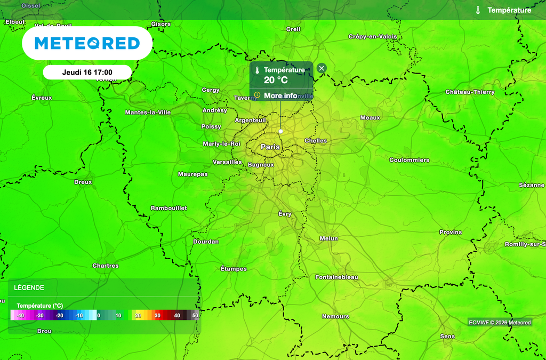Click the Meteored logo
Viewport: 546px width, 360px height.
pyautogui.click(x=87, y=43)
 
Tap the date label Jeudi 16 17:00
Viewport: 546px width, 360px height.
pyautogui.click(x=87, y=72)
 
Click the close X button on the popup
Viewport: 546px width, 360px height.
pyautogui.click(x=321, y=68)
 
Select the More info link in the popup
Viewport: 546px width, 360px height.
pyautogui.click(x=280, y=95)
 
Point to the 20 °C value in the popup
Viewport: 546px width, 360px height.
pyautogui.click(x=276, y=81)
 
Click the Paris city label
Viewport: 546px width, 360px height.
pyautogui.click(x=270, y=147)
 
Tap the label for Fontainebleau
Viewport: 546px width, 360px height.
pyautogui.click(x=336, y=277)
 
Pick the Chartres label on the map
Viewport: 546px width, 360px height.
pyautogui.click(x=106, y=266)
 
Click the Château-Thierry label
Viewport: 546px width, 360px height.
pyautogui.click(x=470, y=92)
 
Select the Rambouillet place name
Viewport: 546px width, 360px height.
pyautogui.click(x=168, y=208)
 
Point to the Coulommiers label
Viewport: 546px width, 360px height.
pyautogui.click(x=409, y=160)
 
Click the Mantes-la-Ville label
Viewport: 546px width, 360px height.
pyautogui.click(x=148, y=113)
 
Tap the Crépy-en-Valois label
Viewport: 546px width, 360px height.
pyautogui.click(x=373, y=36)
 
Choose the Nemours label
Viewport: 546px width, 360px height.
pyautogui.click(x=335, y=316)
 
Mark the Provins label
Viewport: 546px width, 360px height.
pyautogui.click(x=451, y=232)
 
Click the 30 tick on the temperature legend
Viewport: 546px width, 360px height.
pyautogui.click(x=157, y=316)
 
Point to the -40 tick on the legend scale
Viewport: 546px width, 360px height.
pyautogui.click(x=20, y=316)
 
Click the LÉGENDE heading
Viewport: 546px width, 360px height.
pyautogui.click(x=29, y=287)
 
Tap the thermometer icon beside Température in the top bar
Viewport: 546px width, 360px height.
pyautogui.click(x=478, y=10)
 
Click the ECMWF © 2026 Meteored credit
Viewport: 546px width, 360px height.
pyautogui.click(x=500, y=322)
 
